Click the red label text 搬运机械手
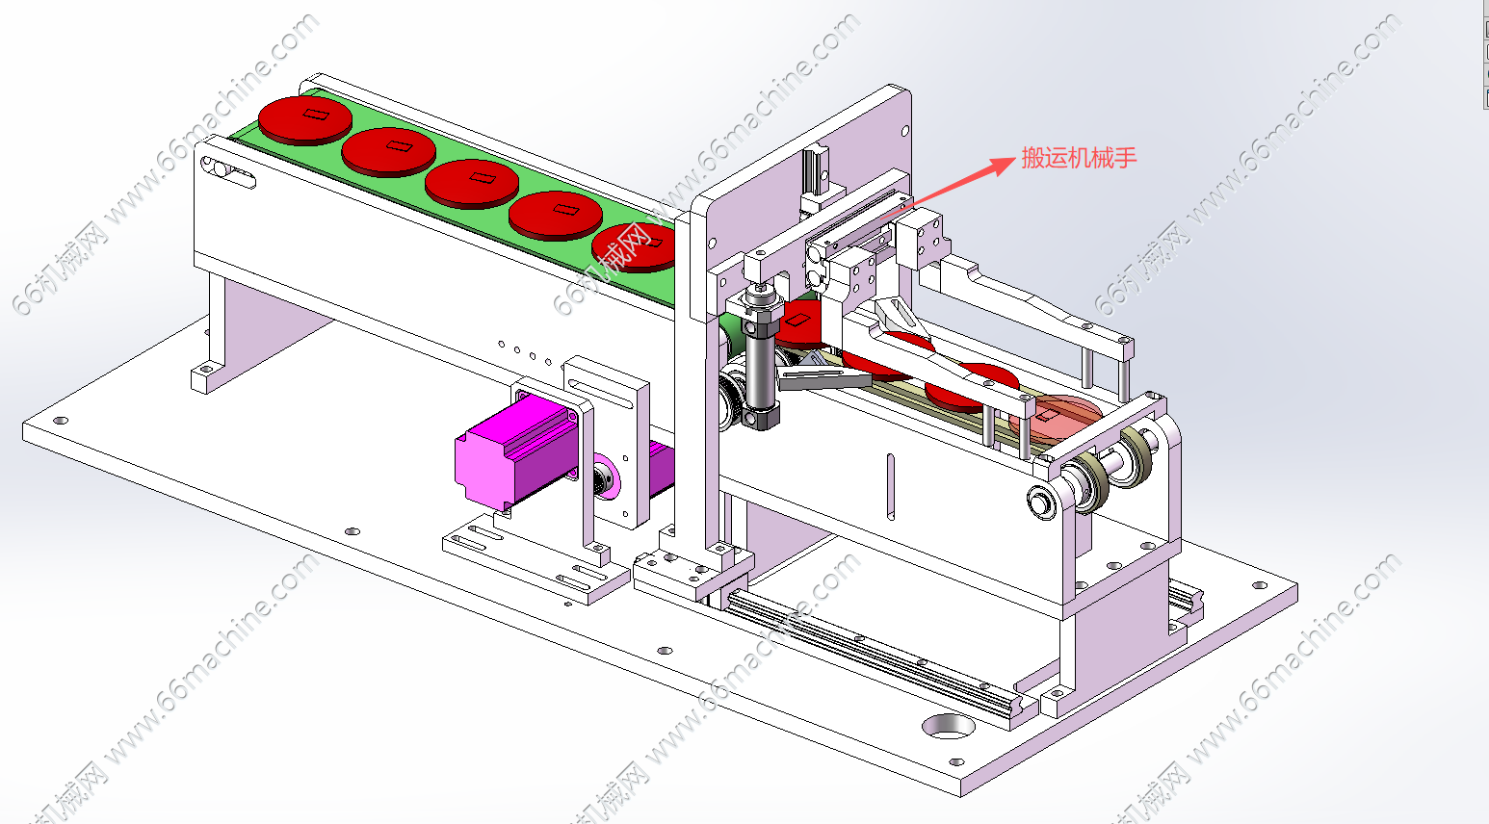coord(1079,158)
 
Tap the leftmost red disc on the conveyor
coord(304,119)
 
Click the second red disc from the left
coord(388,151)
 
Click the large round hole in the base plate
coord(948,727)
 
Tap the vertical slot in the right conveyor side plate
coord(891,486)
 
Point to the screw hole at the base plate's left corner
coord(61,422)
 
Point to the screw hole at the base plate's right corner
coord(1259,585)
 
